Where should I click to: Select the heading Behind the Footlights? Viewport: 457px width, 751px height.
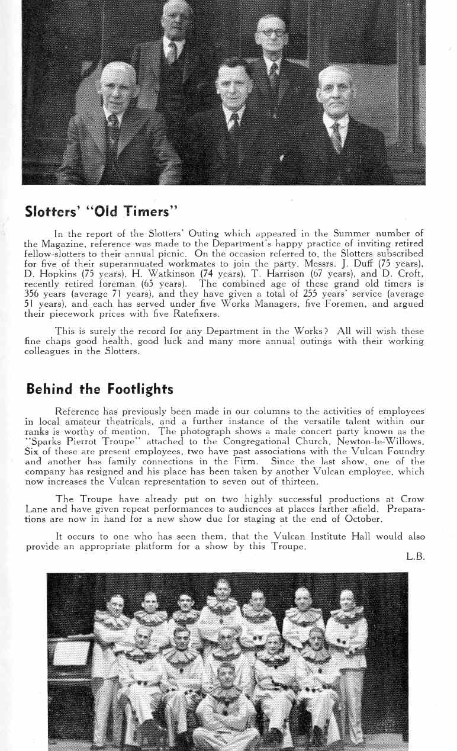[x=99, y=389]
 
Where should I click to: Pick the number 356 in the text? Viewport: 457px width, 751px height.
[x=33, y=294]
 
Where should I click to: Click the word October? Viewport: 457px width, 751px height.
[x=361, y=519]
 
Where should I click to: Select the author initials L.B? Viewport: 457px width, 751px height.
[x=416, y=557]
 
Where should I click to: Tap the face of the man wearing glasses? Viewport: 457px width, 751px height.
[x=272, y=34]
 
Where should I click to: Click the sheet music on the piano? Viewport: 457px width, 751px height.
[x=71, y=653]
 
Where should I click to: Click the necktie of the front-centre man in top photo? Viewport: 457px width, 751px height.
[x=234, y=125]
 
